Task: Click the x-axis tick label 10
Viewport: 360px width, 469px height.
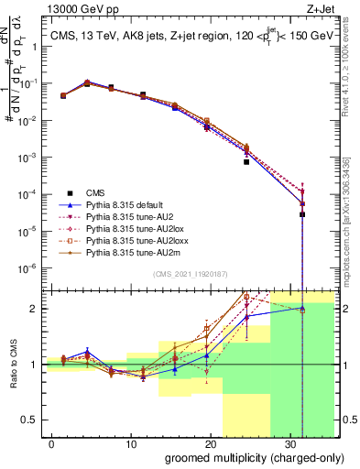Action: point(132,442)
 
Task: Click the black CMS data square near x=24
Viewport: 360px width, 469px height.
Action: point(245,161)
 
